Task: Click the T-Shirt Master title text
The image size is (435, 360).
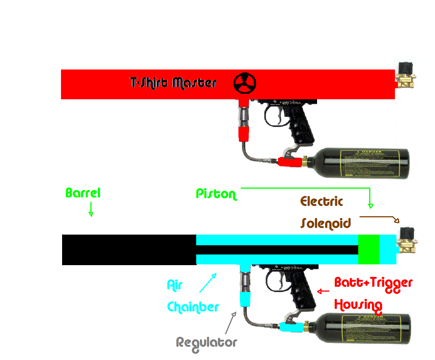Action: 173,82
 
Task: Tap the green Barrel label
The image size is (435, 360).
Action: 83,193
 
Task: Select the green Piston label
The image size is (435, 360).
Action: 216,194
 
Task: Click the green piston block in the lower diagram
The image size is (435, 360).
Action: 369,249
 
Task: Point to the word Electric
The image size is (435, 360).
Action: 322,201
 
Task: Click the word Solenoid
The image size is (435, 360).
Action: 326,223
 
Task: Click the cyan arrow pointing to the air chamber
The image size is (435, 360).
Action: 208,282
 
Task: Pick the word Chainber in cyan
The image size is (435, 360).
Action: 193,307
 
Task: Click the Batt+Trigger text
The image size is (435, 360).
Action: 373,283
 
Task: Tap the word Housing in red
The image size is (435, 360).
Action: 358,305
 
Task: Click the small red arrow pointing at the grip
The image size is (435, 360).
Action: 323,292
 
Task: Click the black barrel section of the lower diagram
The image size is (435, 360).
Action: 129,250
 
